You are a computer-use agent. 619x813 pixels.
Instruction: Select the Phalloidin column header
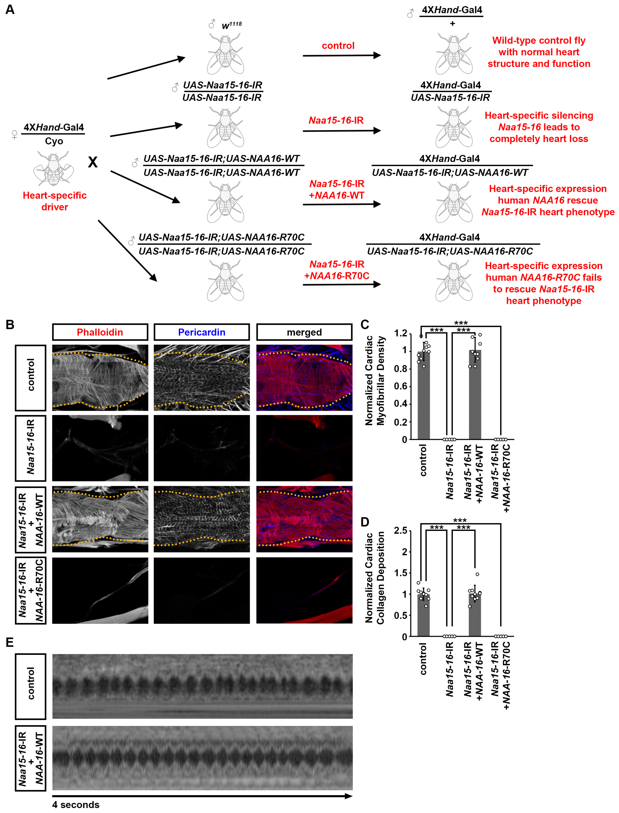(100, 332)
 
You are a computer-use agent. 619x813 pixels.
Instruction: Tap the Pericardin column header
(202, 332)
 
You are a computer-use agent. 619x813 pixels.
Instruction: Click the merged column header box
(304, 332)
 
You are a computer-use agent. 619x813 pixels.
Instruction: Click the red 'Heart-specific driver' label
(55, 201)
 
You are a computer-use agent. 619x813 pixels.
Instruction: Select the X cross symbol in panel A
(93, 162)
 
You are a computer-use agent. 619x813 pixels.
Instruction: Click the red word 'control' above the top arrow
(338, 46)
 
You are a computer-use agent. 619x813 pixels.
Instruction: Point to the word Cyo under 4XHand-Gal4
(54, 141)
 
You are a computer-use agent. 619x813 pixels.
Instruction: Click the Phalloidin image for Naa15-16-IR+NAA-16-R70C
(100, 590)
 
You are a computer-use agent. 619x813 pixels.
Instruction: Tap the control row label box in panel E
(31, 686)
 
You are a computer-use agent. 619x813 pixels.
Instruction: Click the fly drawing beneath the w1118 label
(225, 53)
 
